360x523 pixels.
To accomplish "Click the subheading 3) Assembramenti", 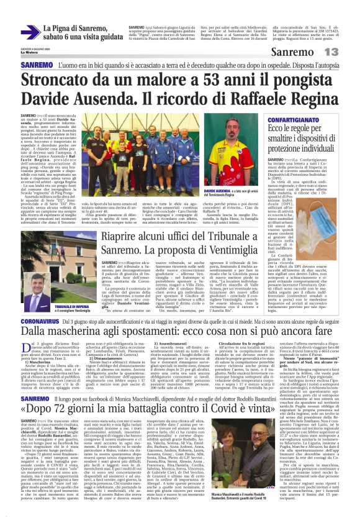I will tap(164, 343).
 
